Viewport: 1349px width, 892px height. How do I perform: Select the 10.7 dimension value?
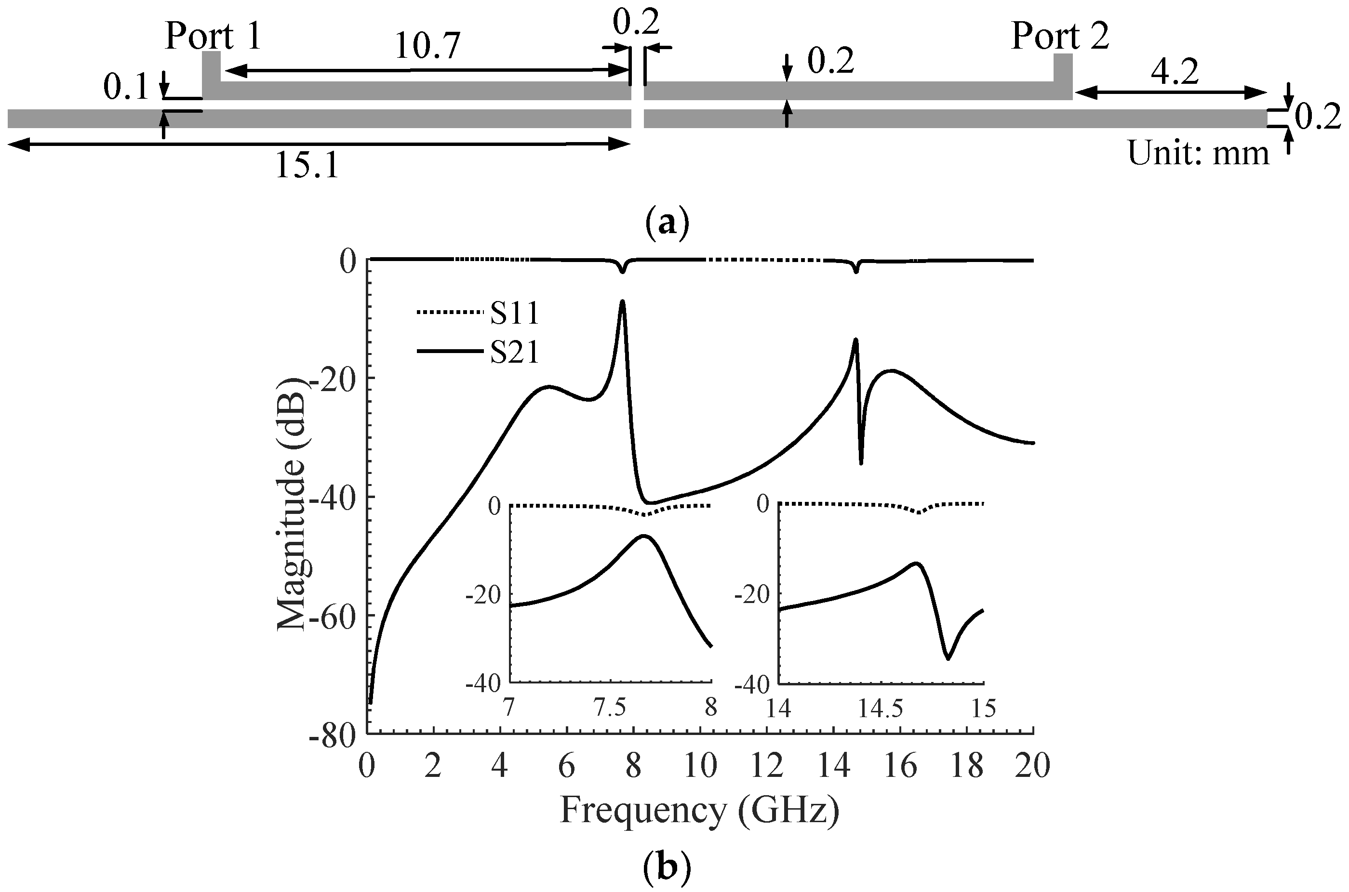427,47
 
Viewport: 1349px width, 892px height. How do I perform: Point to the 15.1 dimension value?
307,167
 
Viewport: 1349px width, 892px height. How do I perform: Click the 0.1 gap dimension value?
126,88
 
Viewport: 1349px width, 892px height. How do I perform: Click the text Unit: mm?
1199,154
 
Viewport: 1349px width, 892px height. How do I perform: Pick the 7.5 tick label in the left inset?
610,708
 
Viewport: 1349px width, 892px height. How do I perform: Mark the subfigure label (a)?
668,223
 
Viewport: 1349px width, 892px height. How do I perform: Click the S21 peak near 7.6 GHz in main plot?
622,302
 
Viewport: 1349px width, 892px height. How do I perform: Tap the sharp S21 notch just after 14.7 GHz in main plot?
861,464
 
